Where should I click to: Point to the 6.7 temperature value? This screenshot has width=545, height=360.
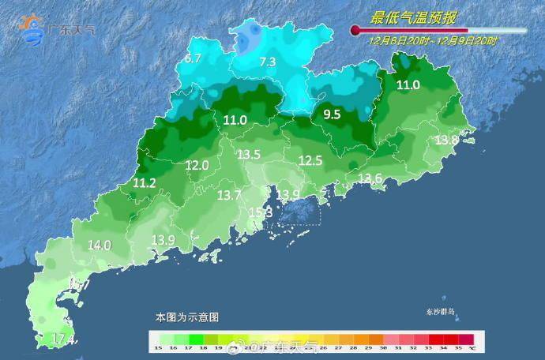click(194, 58)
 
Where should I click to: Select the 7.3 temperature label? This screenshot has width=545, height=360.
click(268, 62)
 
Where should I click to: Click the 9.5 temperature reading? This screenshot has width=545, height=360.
click(332, 114)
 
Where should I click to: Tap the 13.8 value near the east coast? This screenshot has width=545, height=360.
click(447, 140)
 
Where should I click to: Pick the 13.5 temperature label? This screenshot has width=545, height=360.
click(249, 154)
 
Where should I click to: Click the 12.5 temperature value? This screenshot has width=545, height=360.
click(310, 160)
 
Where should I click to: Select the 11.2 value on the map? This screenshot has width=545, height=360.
click(144, 182)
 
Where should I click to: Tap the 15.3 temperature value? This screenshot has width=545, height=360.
click(261, 212)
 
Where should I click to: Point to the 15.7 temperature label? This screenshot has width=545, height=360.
click(79, 283)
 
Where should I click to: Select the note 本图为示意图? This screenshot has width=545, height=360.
click(186, 317)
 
